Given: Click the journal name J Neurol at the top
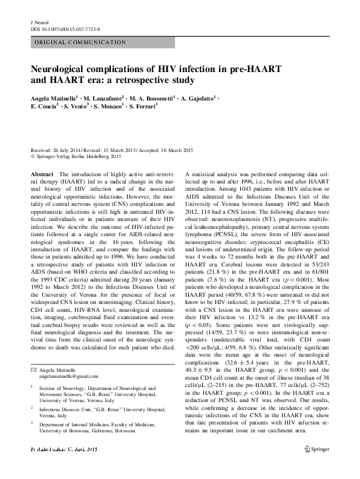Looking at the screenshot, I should (39, 22).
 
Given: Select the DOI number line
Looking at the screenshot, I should (65, 28).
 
